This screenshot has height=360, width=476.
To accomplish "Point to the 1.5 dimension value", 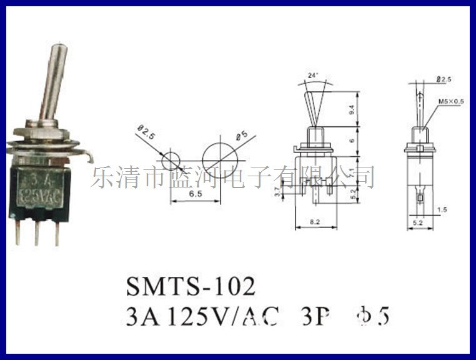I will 442,209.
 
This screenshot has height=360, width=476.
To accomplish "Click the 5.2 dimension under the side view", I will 419,222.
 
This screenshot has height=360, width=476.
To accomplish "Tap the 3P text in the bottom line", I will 313,317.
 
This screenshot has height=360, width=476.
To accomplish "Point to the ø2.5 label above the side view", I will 444,79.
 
